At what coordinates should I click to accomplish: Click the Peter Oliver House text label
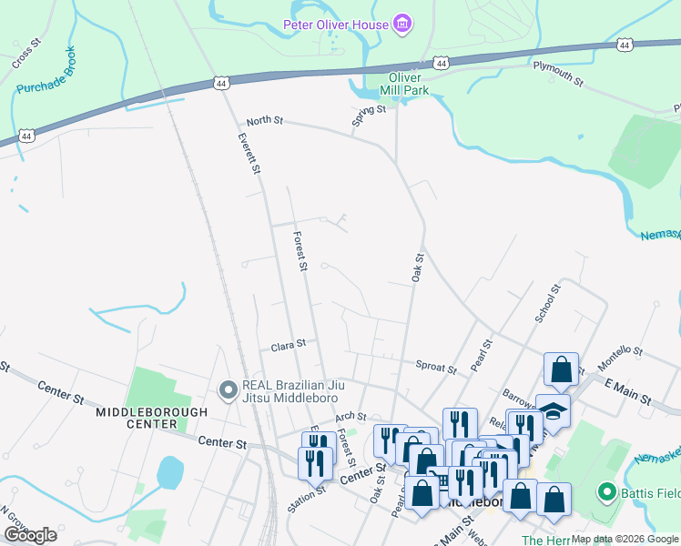click(x=336, y=25)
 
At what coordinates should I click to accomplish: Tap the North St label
click(x=265, y=121)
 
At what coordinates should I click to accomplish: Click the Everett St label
click(x=249, y=155)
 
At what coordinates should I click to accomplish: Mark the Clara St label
click(x=288, y=346)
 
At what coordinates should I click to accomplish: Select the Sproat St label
click(x=435, y=367)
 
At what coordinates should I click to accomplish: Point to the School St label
click(x=546, y=301)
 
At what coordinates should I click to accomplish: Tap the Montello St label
click(x=619, y=358)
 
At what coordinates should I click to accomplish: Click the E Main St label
click(x=628, y=391)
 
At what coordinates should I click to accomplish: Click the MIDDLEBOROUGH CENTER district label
click(x=151, y=418)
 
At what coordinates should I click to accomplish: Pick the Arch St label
click(x=350, y=416)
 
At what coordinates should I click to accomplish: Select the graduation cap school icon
click(x=553, y=410)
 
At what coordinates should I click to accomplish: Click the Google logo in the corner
click(x=30, y=534)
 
